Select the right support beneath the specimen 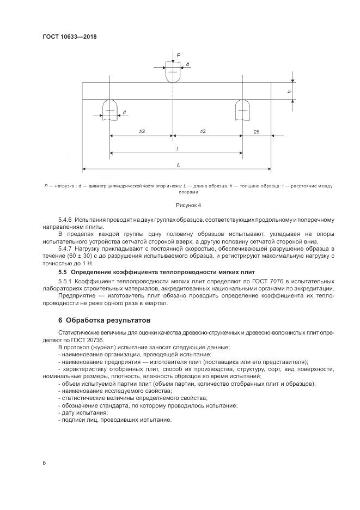[241, 110]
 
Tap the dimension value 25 [256, 132]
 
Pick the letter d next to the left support [124, 112]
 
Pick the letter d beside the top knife [187, 65]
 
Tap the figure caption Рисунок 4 [188, 205]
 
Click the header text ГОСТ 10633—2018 [69, 37]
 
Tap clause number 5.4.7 [66, 248]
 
